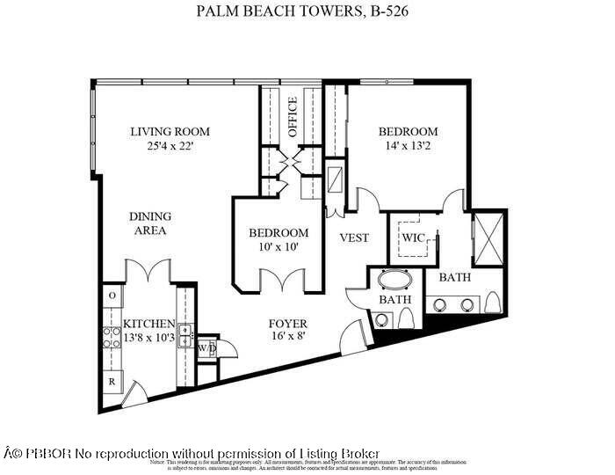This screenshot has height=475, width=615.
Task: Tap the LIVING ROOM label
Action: click(170, 132)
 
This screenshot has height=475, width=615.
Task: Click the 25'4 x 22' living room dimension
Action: click(170, 146)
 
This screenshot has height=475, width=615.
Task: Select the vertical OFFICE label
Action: click(293, 117)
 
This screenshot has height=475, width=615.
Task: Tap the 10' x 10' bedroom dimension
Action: click(279, 247)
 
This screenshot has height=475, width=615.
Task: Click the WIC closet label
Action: click(413, 237)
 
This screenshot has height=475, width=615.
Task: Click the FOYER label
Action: click(288, 324)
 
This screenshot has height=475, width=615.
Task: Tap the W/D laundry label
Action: click(207, 347)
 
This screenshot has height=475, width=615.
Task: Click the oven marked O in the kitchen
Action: click(112, 295)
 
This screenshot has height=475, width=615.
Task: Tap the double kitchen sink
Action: click(185, 334)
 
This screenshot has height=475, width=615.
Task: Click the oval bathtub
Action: click(395, 283)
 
